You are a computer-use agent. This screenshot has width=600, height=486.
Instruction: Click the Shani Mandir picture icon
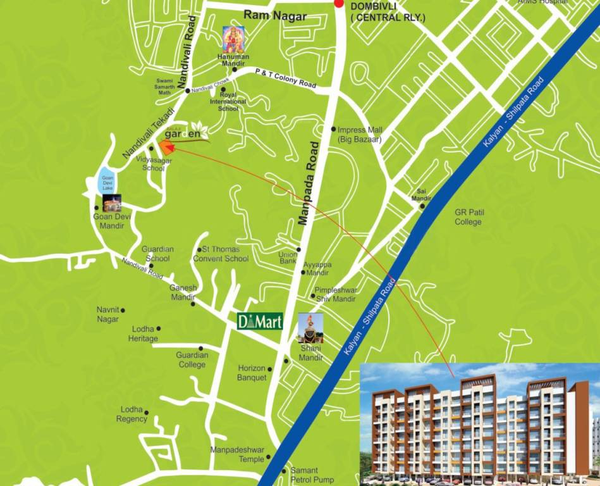(x=310, y=328)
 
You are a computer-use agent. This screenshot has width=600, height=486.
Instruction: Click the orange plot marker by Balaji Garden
(x=166, y=147)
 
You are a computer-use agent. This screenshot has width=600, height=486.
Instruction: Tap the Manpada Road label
(x=311, y=192)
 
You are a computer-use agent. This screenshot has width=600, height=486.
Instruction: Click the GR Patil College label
(x=468, y=217)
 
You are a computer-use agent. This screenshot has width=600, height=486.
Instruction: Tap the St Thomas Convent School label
(x=221, y=254)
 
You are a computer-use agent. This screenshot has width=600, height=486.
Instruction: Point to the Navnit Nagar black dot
(x=123, y=310)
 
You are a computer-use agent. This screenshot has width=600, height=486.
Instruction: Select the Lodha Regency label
(x=132, y=414)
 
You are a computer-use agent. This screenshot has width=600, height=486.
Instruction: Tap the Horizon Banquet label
(x=252, y=373)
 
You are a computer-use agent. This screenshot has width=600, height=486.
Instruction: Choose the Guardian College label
(x=192, y=360)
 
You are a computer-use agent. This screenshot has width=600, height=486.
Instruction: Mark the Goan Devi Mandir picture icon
(x=111, y=202)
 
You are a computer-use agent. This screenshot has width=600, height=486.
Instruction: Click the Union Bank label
(x=287, y=258)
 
